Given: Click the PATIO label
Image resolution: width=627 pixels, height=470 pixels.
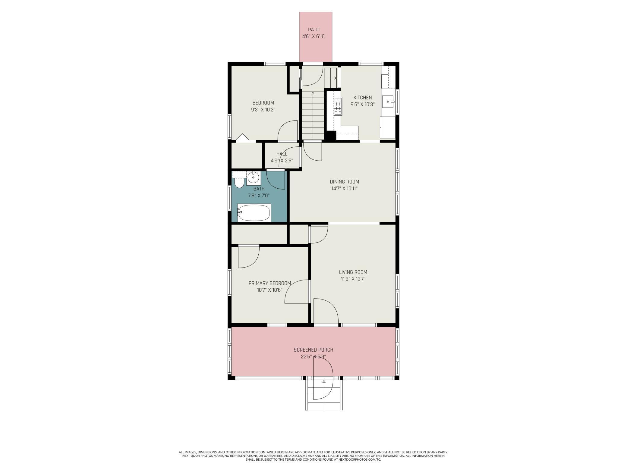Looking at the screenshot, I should (x=314, y=30).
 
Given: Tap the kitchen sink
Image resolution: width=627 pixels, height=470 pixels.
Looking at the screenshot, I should (x=388, y=102).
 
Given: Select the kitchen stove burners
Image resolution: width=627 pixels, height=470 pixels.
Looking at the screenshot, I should (x=338, y=106).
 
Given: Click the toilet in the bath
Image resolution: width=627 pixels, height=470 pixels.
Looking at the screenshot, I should (x=239, y=183).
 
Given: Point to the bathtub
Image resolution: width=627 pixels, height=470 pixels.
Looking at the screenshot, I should (x=254, y=213).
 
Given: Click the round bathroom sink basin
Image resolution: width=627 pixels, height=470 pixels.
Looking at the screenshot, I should (x=253, y=177).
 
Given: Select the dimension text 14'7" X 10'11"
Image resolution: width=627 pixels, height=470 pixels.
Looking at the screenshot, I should (x=344, y=189).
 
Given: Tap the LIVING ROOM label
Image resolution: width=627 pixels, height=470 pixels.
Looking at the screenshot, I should (x=353, y=272).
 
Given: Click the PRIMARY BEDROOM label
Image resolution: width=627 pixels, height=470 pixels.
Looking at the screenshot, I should (x=269, y=283).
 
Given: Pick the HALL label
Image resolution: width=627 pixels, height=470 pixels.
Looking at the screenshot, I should (x=282, y=154).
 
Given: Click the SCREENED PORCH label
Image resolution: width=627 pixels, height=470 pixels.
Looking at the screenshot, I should (x=313, y=350).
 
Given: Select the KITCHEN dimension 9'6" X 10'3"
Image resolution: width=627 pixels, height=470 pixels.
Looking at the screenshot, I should (x=362, y=105).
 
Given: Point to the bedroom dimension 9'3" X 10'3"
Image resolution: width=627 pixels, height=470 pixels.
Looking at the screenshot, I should (x=263, y=110).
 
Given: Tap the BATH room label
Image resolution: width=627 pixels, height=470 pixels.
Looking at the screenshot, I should (x=259, y=189).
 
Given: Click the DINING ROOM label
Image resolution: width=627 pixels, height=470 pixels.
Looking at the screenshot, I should (x=344, y=182).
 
